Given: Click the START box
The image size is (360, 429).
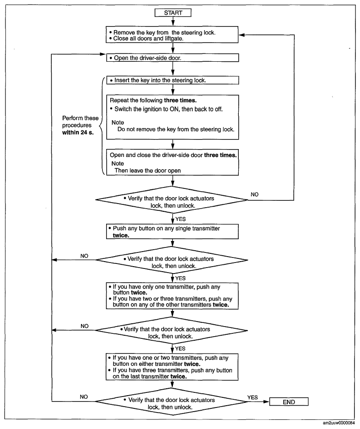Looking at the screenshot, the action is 173,13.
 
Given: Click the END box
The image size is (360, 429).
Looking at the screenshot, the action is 289,402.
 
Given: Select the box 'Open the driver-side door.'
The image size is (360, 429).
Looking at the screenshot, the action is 172,58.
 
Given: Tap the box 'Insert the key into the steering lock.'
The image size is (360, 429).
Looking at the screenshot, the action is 172,80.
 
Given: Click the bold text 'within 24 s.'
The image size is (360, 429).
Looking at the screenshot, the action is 78,133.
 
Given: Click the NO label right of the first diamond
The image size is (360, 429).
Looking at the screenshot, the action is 254,194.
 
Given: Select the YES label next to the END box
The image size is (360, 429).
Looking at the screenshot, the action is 253,397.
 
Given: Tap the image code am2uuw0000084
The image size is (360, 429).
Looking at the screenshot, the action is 339,423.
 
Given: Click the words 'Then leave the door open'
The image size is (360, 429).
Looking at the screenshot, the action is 148,171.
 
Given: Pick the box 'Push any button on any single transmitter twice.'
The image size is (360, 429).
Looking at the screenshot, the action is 172,231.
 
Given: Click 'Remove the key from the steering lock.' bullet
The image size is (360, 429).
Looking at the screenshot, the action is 162,32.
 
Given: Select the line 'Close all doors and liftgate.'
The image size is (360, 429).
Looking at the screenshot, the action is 146,38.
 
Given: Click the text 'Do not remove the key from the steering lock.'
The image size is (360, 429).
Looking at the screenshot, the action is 176,129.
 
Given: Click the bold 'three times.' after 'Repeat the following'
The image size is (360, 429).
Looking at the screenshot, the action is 180,100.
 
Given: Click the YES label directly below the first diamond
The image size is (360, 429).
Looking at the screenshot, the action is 181,219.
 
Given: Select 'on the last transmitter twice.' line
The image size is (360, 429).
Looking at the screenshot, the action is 150,376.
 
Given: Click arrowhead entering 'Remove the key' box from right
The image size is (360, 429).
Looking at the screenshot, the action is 242,35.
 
